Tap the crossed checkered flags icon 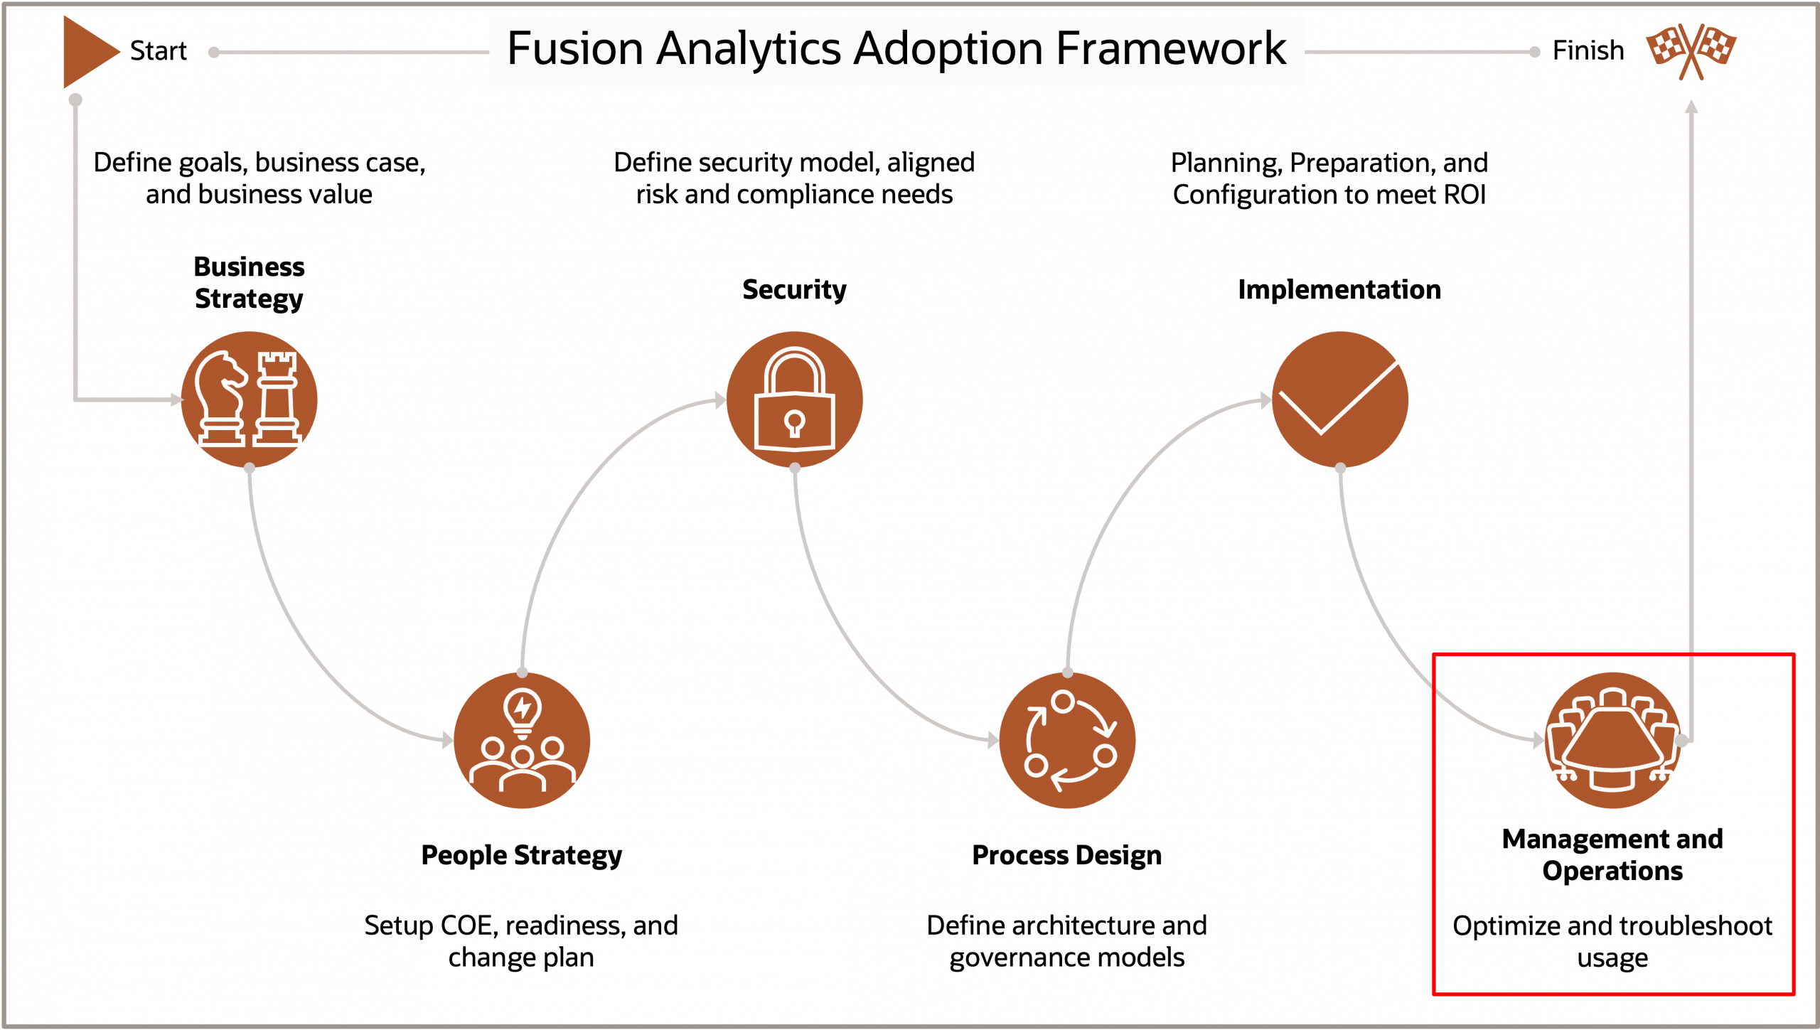[1691, 50]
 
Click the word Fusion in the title [574, 49]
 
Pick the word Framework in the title [1171, 49]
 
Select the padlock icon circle [794, 399]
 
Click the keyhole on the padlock [794, 423]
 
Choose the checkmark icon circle [1339, 399]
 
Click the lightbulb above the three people [523, 711]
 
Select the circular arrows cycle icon [1067, 740]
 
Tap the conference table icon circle [1612, 740]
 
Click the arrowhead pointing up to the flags [1691, 107]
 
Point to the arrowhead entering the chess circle [176, 400]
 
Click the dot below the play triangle [75, 100]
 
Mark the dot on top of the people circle [523, 672]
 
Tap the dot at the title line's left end [213, 52]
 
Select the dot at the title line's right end [1535, 52]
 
